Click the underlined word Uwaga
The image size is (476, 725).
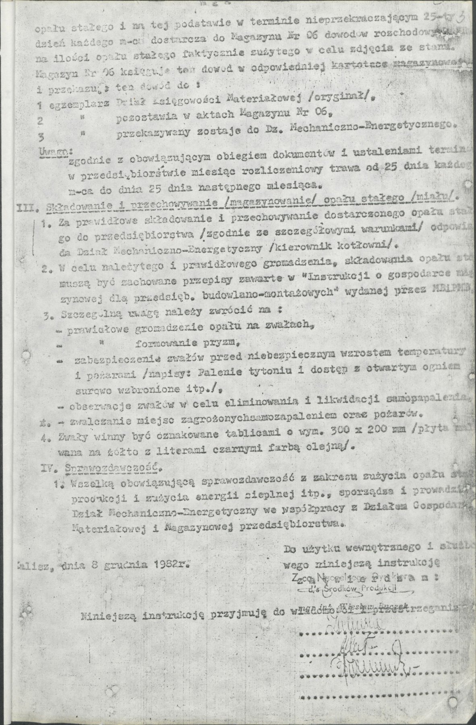(x=54, y=151)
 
